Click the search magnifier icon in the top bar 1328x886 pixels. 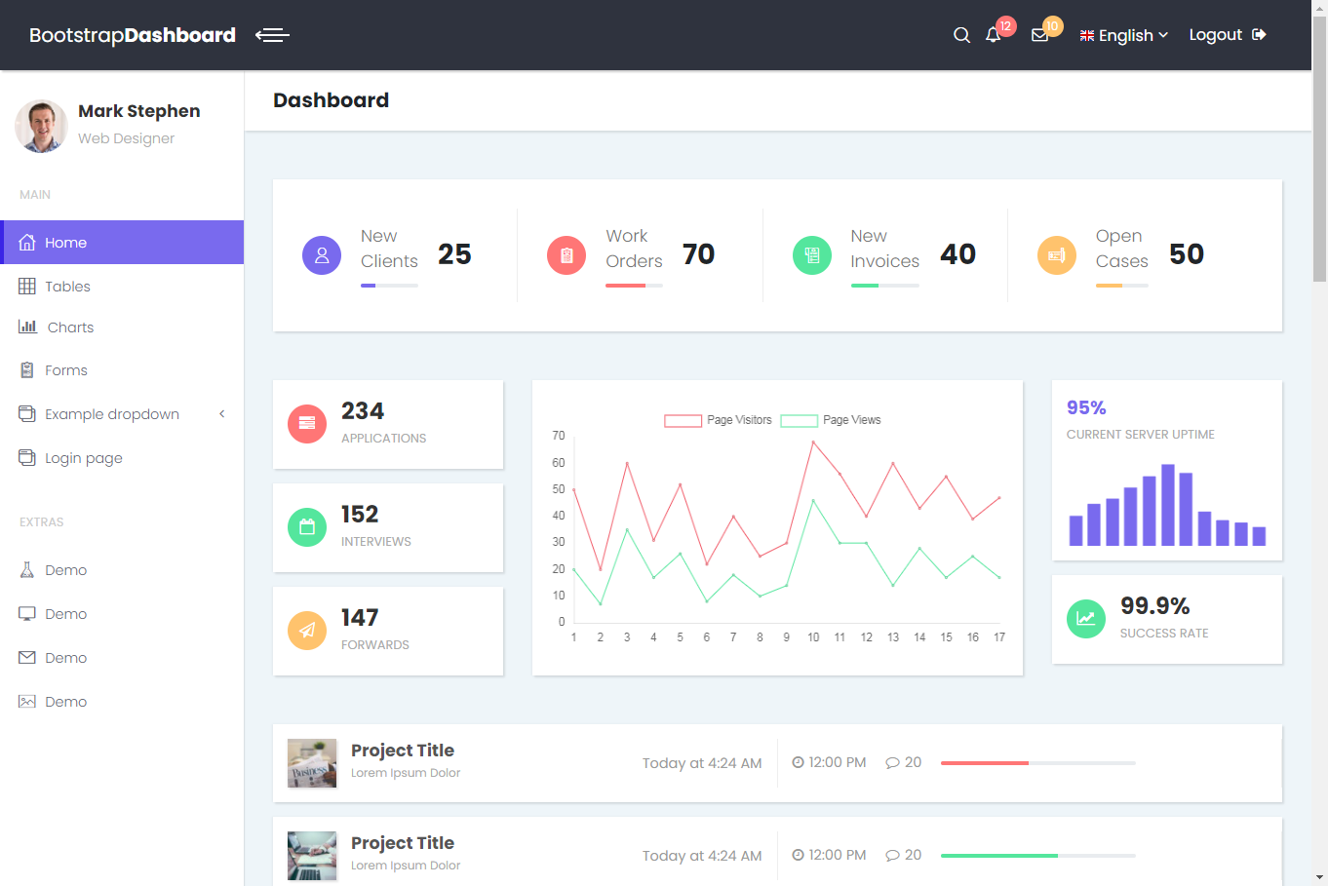(x=961, y=35)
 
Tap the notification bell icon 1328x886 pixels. (x=993, y=35)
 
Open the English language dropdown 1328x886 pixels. (x=1124, y=35)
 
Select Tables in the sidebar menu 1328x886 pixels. (x=67, y=287)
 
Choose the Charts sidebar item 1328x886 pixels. (x=70, y=327)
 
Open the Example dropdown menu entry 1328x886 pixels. (x=112, y=414)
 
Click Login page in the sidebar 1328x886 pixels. (x=84, y=458)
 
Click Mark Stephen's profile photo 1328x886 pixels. (x=41, y=126)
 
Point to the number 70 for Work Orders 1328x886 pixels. (x=698, y=254)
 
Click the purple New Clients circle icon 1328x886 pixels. (x=322, y=255)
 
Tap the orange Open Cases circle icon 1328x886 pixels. (x=1057, y=255)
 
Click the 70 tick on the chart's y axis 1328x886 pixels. (x=559, y=436)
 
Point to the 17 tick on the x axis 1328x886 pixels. (x=999, y=637)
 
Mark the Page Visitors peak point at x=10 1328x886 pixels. (x=813, y=442)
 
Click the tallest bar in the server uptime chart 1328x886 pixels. (x=1168, y=505)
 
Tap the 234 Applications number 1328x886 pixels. (x=363, y=411)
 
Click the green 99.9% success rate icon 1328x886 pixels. (x=1086, y=618)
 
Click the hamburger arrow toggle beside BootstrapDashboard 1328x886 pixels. (x=272, y=35)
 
